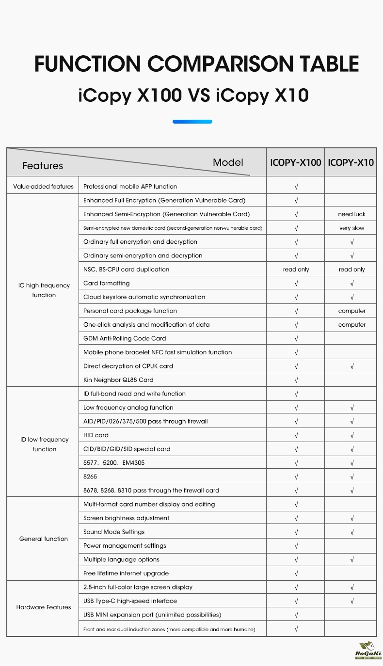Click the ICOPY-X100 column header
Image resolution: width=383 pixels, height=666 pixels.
[296, 162]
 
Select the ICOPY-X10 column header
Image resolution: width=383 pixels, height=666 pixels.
[351, 162]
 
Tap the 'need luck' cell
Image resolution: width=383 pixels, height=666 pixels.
[352, 214]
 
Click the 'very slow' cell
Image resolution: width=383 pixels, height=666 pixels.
[352, 228]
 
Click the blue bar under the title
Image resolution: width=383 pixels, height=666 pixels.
[192, 122]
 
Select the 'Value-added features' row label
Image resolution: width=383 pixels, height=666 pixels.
[44, 187]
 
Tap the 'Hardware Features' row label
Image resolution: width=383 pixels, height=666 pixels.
[44, 607]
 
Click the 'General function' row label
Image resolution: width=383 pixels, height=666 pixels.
[44, 539]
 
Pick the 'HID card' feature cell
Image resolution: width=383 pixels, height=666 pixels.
[96, 435]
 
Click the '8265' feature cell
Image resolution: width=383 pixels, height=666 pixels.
[90, 476]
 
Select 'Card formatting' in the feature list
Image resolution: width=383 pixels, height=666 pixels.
[107, 283]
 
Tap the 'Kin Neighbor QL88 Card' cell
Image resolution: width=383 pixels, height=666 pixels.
[118, 380]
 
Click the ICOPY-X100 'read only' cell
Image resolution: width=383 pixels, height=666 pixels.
[296, 270]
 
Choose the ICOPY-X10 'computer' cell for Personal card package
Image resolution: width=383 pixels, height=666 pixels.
[352, 311]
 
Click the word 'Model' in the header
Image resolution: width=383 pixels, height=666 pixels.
[228, 162]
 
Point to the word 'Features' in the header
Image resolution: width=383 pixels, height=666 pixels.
[43, 166]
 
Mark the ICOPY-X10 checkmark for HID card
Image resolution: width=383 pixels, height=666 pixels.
[352, 435]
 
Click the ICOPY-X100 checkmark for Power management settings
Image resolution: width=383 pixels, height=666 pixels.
[296, 546]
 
